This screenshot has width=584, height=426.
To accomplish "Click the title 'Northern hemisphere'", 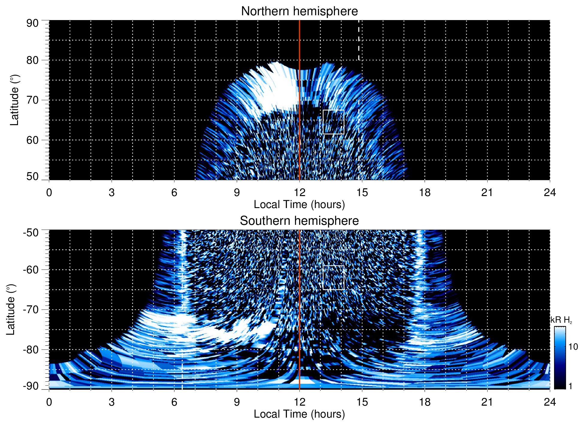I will [299, 11].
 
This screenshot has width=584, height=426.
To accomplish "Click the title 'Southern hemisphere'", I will [299, 221].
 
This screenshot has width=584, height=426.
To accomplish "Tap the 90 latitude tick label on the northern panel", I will [32, 23].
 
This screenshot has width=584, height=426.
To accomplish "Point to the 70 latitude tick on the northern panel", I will [32, 100].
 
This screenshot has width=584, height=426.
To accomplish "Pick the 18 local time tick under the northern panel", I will [424, 192].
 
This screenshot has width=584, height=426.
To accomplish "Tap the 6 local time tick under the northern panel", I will [174, 192].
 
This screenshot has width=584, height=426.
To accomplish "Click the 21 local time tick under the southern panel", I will [487, 402].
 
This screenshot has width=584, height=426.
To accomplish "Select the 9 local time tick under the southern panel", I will [237, 402].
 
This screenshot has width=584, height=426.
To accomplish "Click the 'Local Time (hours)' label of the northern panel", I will [299, 204].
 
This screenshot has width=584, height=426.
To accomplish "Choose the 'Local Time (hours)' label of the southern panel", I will [299, 414].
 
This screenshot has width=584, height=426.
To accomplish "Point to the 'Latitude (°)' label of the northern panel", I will [14, 100].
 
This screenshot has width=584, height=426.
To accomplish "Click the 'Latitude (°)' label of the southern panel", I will [11, 310].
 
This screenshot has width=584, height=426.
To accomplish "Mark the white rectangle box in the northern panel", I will [333, 122].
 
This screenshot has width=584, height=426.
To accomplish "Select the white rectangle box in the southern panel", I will [333, 278].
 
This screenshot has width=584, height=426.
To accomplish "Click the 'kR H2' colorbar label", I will [561, 320].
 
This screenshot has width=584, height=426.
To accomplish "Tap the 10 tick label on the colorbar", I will [573, 347].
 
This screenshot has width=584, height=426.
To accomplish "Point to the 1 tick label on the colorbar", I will [570, 386].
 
